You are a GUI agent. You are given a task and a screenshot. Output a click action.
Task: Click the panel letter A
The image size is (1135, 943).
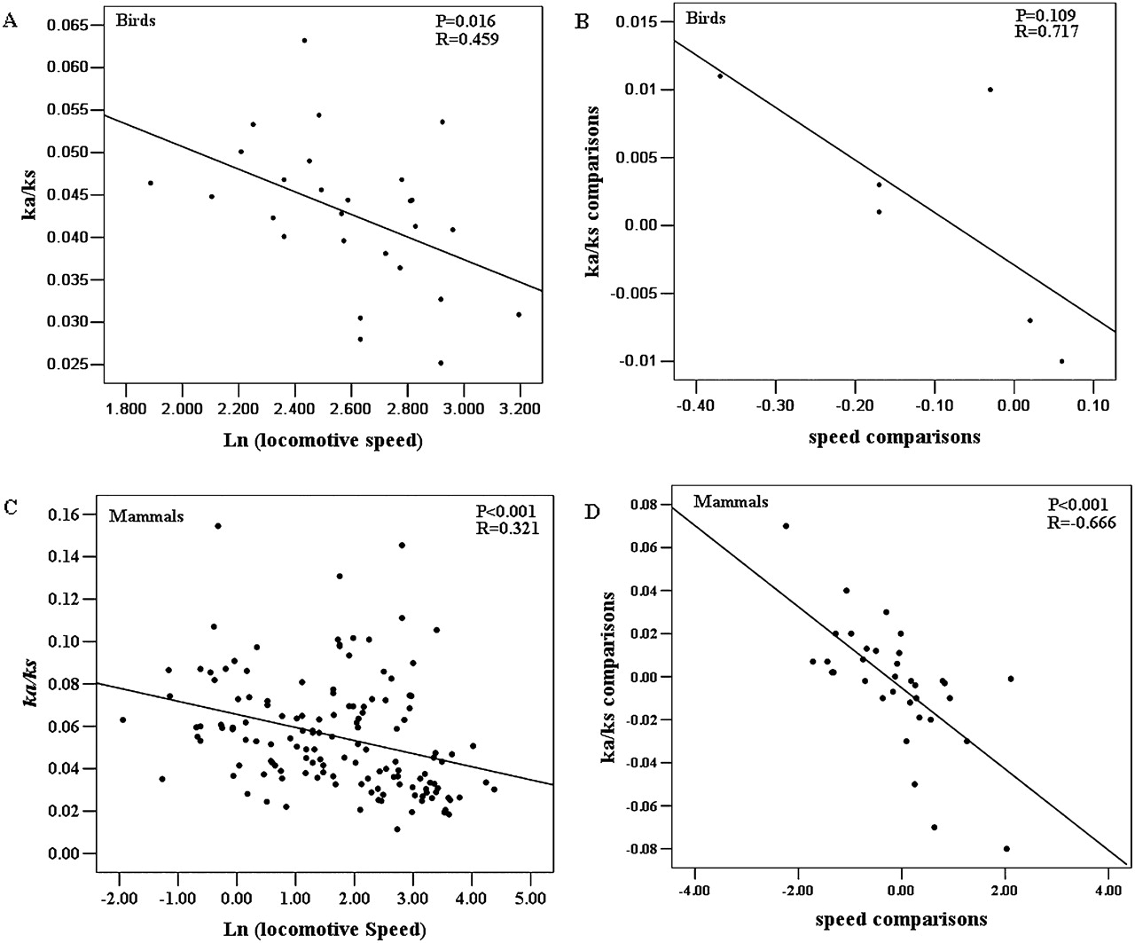[x=11, y=20]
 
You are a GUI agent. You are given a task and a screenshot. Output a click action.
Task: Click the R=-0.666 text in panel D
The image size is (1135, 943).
[x=1075, y=523]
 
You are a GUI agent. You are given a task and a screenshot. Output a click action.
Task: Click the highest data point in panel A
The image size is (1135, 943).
[x=304, y=40]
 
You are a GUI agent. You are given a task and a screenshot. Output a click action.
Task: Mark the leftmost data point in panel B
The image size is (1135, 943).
[x=720, y=75]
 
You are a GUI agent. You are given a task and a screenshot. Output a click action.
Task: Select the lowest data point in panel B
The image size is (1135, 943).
[x=1061, y=361]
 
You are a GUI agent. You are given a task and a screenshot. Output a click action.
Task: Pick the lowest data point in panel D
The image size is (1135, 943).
[x=1006, y=849]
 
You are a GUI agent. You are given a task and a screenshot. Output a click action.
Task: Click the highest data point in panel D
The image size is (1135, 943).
[x=786, y=525]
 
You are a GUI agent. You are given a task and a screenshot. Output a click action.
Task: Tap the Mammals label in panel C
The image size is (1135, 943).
[x=145, y=515]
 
